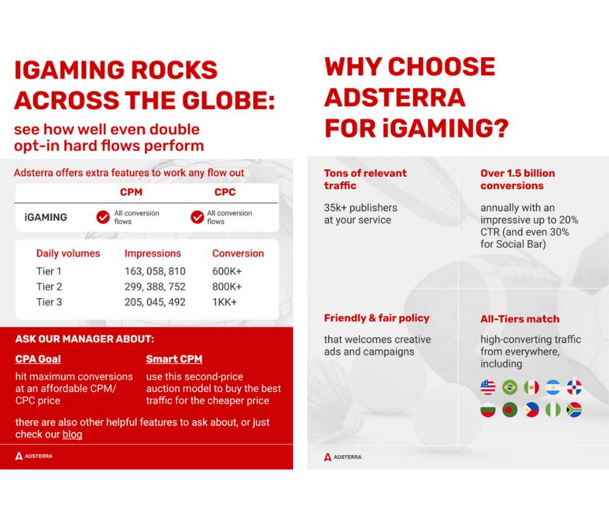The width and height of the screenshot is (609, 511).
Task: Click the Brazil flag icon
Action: point(510,387)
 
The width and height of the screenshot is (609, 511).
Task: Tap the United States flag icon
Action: point(488,387)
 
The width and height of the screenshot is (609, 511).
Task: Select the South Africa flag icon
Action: point(574,410)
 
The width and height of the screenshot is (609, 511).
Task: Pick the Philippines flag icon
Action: point(531,410)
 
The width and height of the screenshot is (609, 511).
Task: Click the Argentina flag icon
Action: point(553,387)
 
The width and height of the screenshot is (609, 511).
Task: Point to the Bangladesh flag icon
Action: point(510,410)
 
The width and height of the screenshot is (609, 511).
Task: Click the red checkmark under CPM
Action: point(103,217)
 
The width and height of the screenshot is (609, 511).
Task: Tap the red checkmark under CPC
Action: point(197,217)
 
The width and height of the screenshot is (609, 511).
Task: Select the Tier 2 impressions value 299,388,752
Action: point(155,287)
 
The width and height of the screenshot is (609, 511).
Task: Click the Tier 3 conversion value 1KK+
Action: point(225,302)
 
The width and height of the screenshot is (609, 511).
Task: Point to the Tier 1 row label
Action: point(49,271)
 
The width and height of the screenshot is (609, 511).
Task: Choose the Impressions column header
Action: point(153,254)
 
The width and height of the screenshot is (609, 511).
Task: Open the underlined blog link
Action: point(72,434)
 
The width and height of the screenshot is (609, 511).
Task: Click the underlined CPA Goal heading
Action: point(38,359)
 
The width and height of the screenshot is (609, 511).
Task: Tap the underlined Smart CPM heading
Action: point(174,359)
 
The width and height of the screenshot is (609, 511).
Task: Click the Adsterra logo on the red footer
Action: point(33,456)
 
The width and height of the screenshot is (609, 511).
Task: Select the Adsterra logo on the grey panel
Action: point(342,457)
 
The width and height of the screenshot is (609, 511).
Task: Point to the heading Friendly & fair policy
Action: point(377,318)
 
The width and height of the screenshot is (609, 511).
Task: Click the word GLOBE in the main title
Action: point(228,101)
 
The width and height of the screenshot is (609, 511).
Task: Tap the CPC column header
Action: point(225,192)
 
